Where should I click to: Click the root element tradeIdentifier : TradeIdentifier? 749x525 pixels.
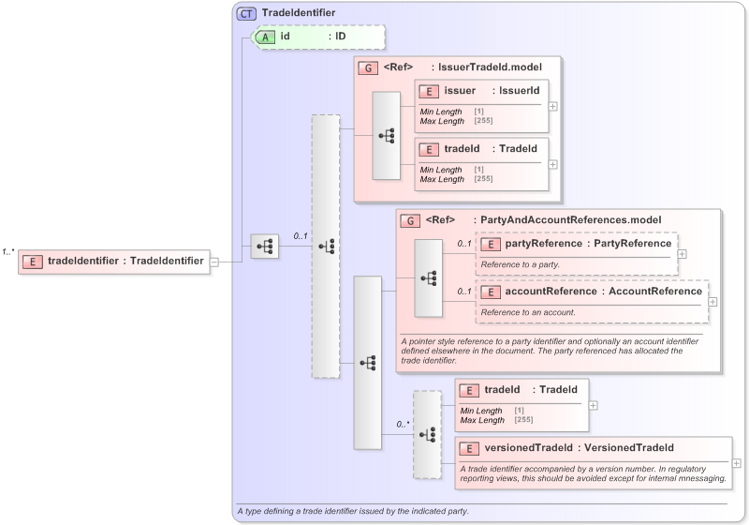pos(113,262)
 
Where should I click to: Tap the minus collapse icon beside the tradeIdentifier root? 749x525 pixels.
pos(213,262)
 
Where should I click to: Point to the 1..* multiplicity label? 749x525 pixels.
pos(7,251)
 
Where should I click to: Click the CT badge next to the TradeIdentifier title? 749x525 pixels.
pos(247,13)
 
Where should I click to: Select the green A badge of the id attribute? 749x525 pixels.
pos(267,37)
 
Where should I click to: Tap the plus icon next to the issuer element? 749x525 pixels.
pos(553,106)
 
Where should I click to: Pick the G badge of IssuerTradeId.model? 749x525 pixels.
pos(367,67)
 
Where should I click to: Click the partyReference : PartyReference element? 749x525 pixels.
pos(577,244)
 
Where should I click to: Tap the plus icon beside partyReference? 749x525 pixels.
pos(683,253)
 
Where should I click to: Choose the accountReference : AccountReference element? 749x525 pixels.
pos(592,292)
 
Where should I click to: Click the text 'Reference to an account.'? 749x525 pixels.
pos(528,311)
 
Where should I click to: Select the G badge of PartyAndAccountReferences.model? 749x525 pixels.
pos(409,220)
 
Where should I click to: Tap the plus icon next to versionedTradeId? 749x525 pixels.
pos(737,462)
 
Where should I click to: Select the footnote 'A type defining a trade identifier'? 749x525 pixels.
pos(353,511)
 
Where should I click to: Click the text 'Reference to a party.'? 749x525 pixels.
pos(521,264)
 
